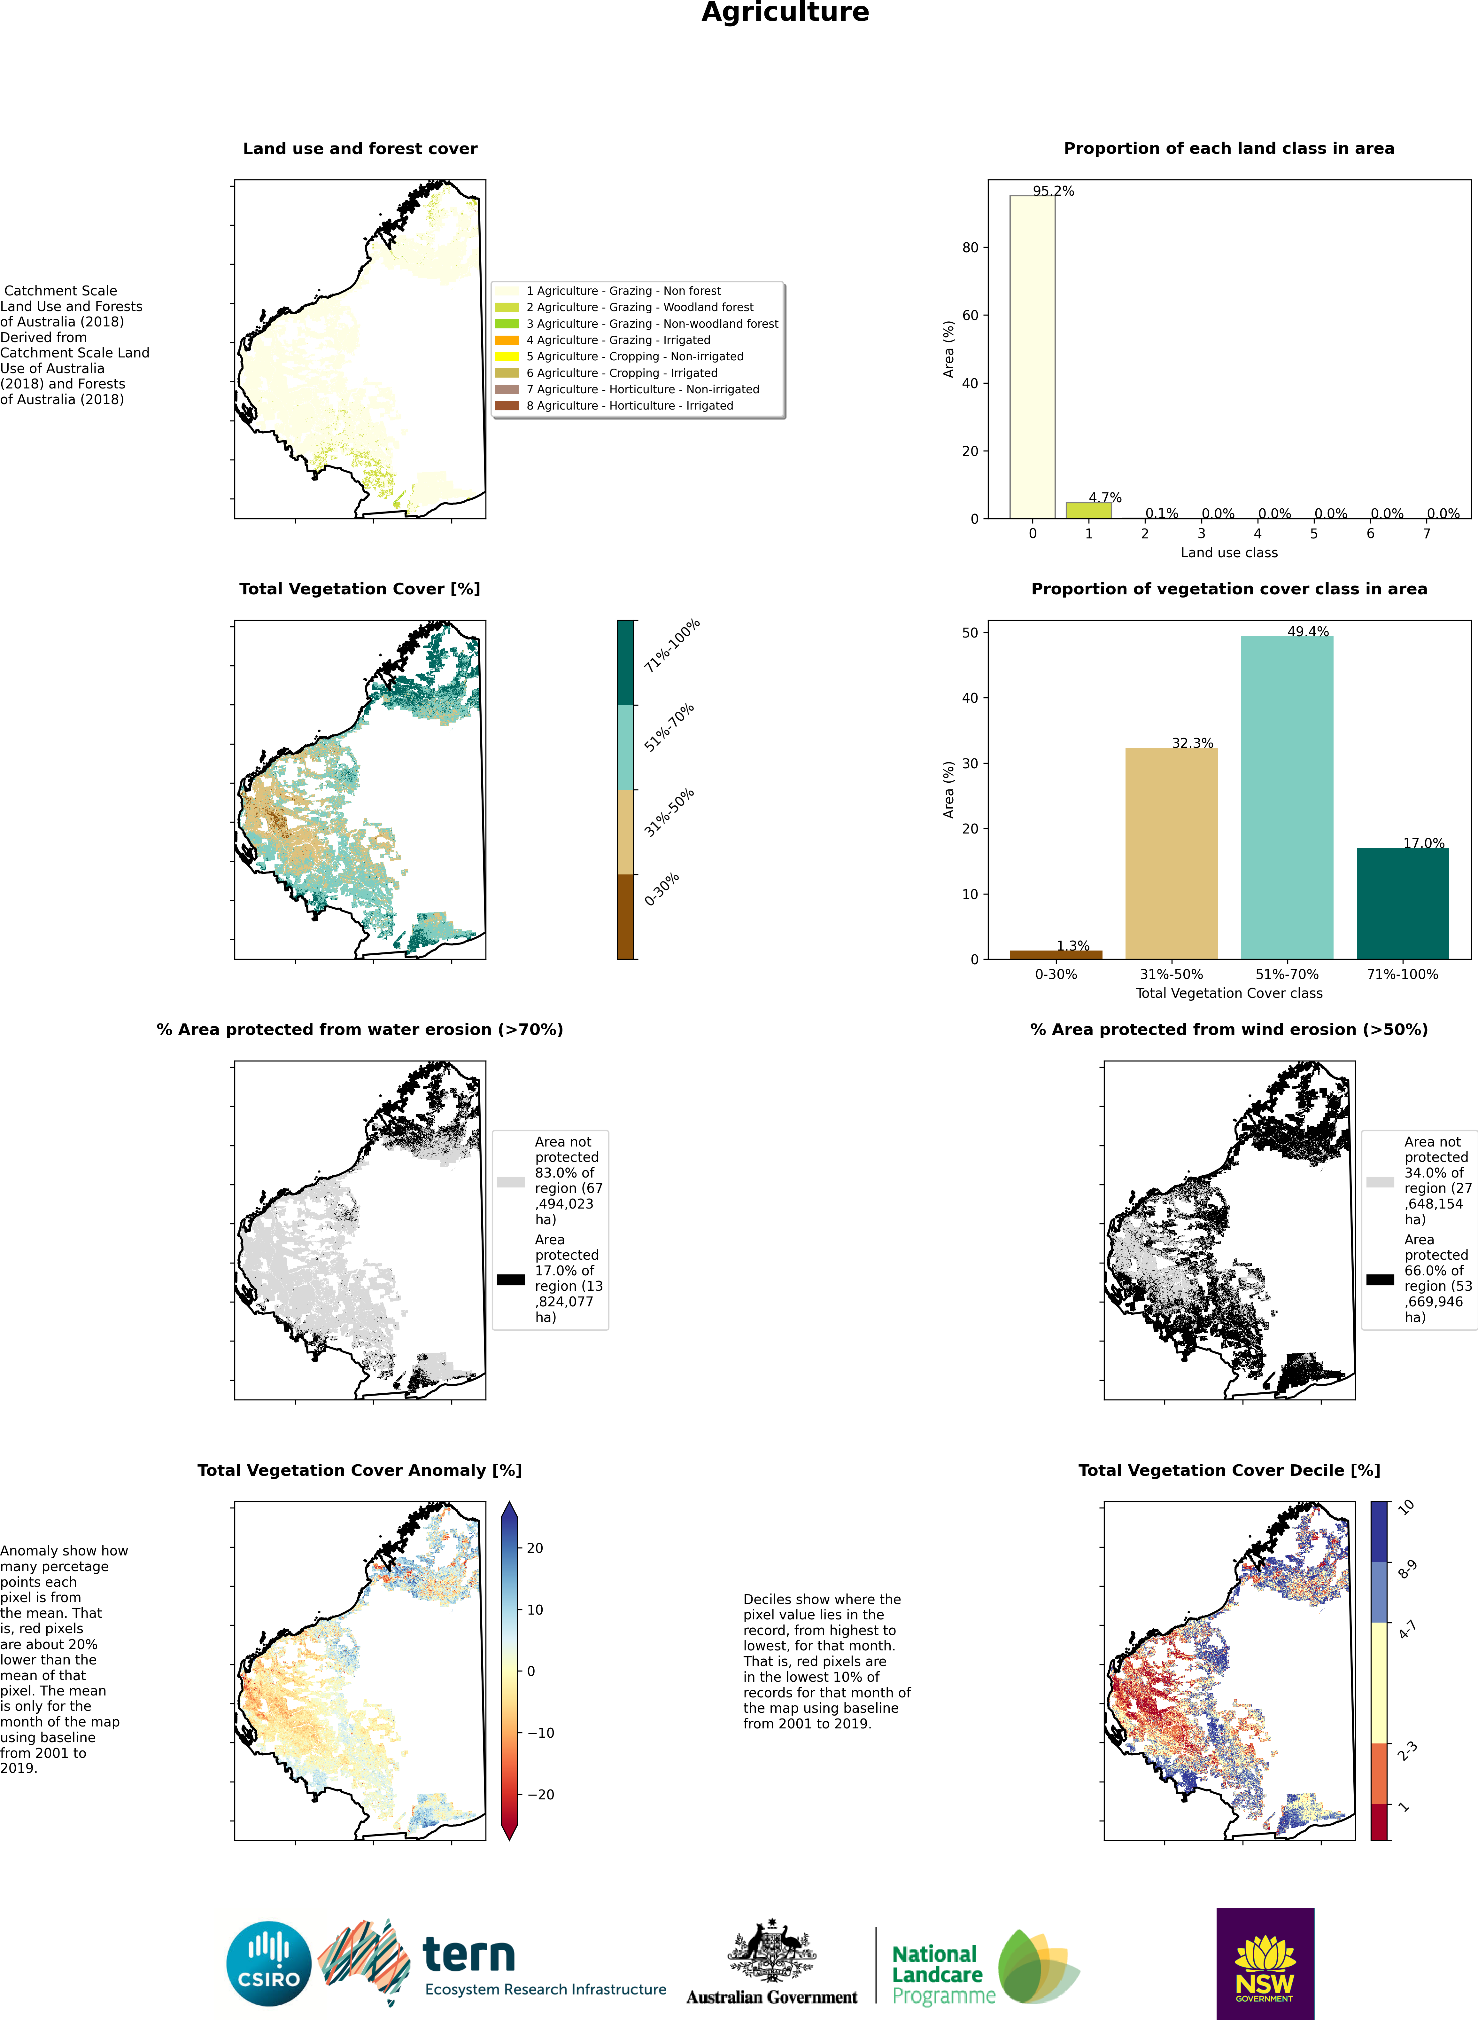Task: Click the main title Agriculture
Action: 785,12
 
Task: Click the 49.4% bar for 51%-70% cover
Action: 1287,796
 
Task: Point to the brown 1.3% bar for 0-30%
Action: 1056,954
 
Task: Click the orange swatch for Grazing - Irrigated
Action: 507,340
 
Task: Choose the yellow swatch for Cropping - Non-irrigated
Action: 507,356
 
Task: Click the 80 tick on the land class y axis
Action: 971,248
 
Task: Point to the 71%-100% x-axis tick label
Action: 1402,975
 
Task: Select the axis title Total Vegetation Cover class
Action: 1228,993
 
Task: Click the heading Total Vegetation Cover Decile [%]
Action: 1228,1470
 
